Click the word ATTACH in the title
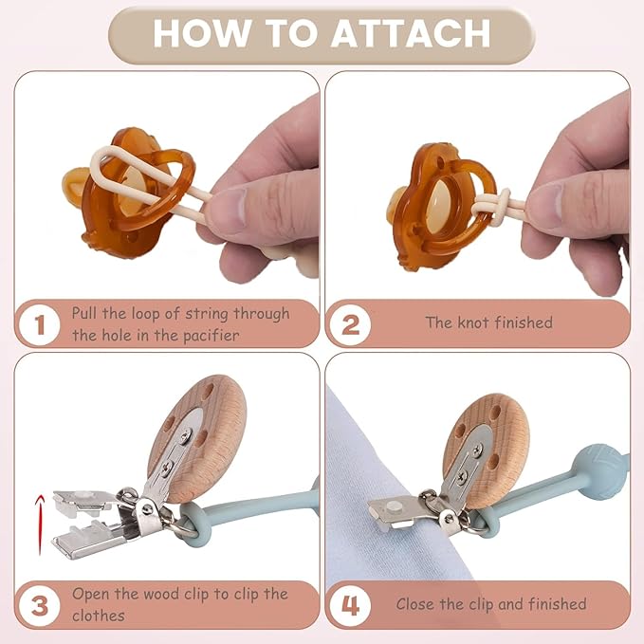pyautogui.click(x=411, y=33)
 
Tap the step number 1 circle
pyautogui.click(x=40, y=324)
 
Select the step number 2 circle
pyautogui.click(x=350, y=324)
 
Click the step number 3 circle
pyautogui.click(x=40, y=606)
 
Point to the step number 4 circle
pyautogui.click(x=350, y=606)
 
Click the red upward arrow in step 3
pyautogui.click(x=40, y=524)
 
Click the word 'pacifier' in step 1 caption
pyautogui.click(x=211, y=336)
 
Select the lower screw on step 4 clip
pyautogui.click(x=462, y=476)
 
